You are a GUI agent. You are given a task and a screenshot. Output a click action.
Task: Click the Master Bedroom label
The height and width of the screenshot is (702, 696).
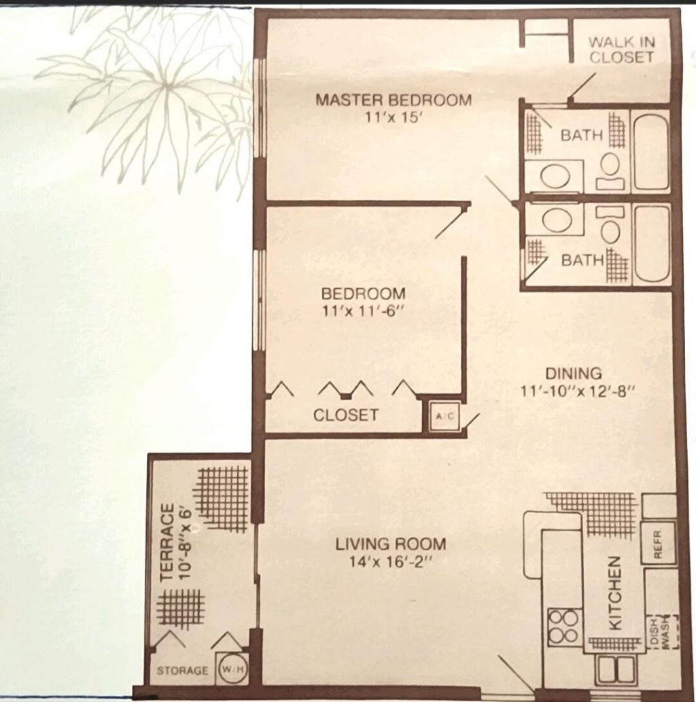pyautogui.click(x=393, y=100)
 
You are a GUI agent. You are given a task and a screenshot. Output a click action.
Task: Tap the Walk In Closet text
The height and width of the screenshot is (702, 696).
pyautogui.click(x=622, y=50)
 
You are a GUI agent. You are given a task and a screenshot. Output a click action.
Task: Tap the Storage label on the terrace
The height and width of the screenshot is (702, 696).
pyautogui.click(x=182, y=671)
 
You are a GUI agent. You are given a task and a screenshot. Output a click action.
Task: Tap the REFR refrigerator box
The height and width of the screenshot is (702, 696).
pyautogui.click(x=658, y=543)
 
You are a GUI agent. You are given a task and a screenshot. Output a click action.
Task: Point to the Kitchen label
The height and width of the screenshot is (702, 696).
pyautogui.click(x=614, y=593)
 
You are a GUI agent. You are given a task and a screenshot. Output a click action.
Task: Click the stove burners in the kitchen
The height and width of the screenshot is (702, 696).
pyautogui.click(x=563, y=627)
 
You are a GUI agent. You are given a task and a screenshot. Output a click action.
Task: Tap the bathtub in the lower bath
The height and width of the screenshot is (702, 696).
pyautogui.click(x=651, y=244)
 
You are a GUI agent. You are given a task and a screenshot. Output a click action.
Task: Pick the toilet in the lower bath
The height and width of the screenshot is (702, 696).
pyautogui.click(x=611, y=227)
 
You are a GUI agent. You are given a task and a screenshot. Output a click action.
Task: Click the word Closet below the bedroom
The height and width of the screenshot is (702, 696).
pyautogui.click(x=345, y=415)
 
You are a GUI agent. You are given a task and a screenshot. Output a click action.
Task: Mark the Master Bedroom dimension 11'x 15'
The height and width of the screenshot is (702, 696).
pyautogui.click(x=393, y=116)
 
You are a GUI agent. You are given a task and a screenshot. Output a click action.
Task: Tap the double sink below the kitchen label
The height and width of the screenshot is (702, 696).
pyautogui.click(x=616, y=669)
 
